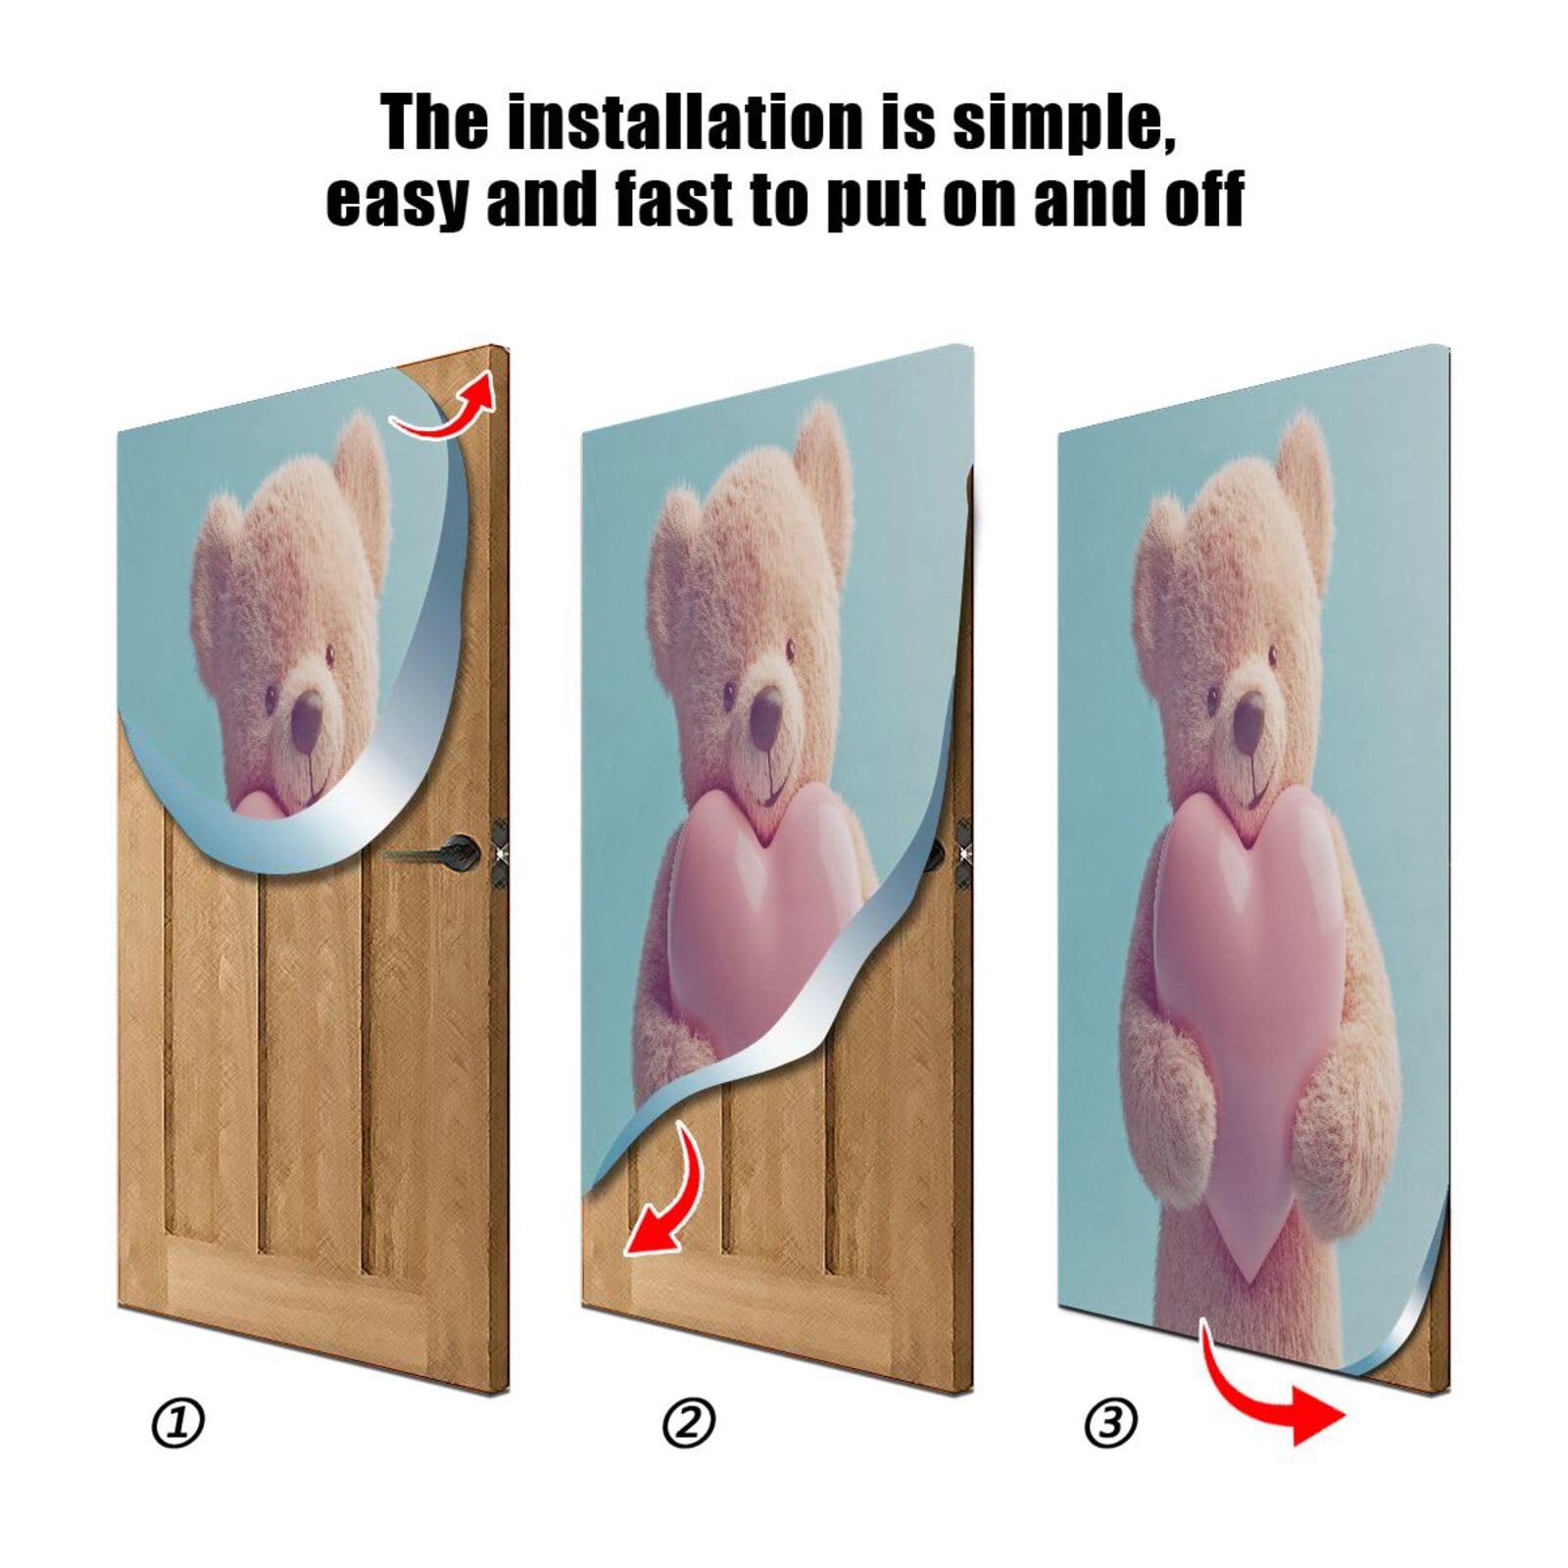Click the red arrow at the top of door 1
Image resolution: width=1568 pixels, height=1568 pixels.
(446, 408)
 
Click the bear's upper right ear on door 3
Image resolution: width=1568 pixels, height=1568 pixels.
(1303, 461)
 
